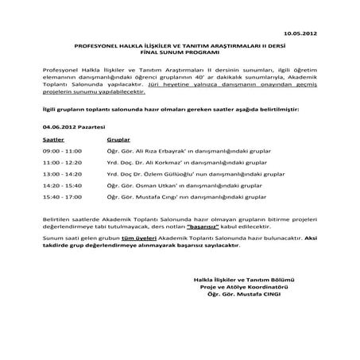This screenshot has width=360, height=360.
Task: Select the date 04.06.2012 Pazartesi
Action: [x=68, y=126]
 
